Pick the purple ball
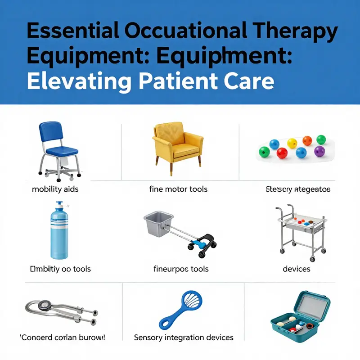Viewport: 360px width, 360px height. click(319, 151)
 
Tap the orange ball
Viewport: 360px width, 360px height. click(307, 140)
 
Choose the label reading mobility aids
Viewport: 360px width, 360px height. click(55, 189)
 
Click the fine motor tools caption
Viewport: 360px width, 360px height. click(178, 189)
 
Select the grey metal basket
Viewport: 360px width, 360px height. click(158, 223)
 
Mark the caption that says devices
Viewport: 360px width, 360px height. click(297, 269)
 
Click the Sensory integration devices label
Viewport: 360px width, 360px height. click(184, 337)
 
